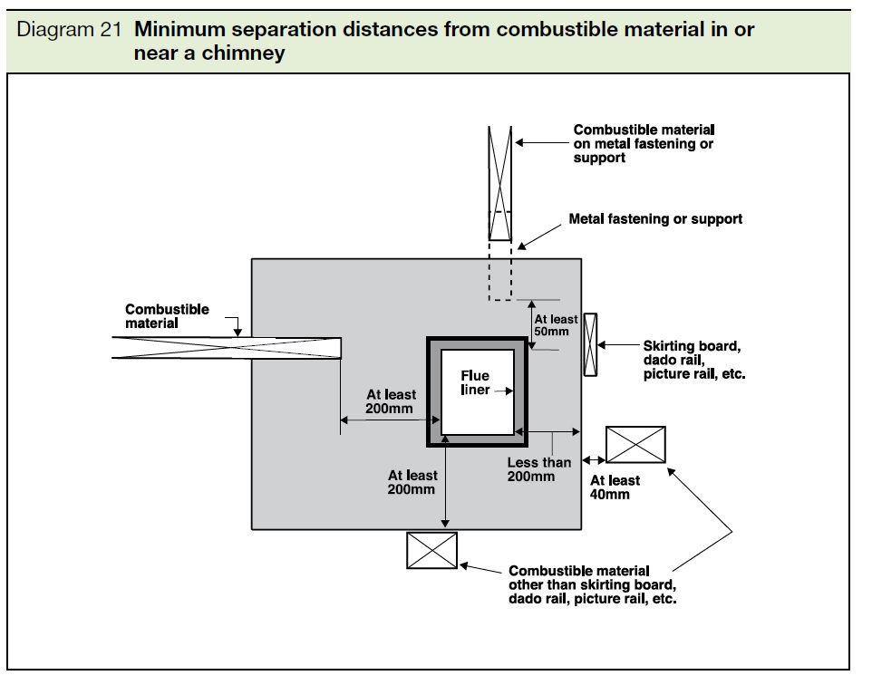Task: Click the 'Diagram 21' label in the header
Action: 69,30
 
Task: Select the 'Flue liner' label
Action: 475,382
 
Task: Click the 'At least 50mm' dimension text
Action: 556,325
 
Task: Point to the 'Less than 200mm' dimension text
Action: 539,469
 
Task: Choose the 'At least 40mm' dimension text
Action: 615,487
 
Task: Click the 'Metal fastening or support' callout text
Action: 655,219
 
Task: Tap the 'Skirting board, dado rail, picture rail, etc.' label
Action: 694,360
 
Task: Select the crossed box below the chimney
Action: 431,551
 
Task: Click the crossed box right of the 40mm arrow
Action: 635,444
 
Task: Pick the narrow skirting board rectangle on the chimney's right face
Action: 590,344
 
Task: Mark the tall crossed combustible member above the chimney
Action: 500,183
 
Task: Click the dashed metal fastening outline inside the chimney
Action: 500,271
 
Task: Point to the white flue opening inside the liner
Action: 477,392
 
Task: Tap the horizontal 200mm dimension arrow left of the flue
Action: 390,420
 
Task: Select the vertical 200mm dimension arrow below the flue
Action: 445,481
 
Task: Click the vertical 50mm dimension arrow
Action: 532,324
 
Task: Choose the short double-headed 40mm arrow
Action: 594,460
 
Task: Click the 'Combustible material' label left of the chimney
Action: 167,316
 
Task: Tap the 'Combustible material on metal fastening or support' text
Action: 644,143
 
